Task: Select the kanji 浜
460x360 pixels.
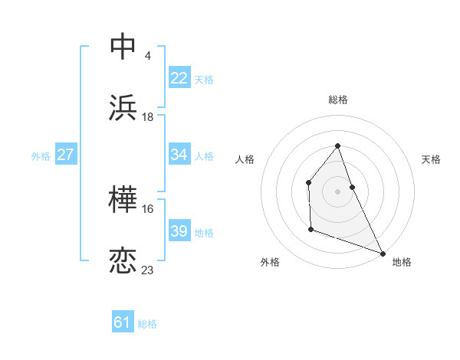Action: coord(123,108)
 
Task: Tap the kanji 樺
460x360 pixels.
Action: coord(123,200)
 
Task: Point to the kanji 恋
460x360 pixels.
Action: coord(123,261)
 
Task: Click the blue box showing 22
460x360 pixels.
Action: coord(179,77)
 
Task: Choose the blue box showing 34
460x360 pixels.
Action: coord(179,155)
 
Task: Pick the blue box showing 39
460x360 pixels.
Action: coord(179,231)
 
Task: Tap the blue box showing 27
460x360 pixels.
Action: coord(65,155)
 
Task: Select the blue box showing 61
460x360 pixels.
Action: coord(122,322)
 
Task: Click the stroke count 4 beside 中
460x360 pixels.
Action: coord(147,55)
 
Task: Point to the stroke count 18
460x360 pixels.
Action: coord(148,116)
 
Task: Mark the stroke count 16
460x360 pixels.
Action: coord(148,208)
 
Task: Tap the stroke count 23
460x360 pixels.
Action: coord(148,270)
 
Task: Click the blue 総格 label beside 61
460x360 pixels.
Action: coord(147,324)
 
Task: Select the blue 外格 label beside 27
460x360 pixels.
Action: coord(41,155)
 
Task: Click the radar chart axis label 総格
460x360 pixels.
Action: coord(337,100)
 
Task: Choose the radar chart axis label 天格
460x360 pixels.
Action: coord(431,159)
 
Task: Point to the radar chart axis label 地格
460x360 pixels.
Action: coord(402,262)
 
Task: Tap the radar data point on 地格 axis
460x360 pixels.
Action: coord(383,253)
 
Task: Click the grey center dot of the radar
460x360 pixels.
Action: coord(337,191)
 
